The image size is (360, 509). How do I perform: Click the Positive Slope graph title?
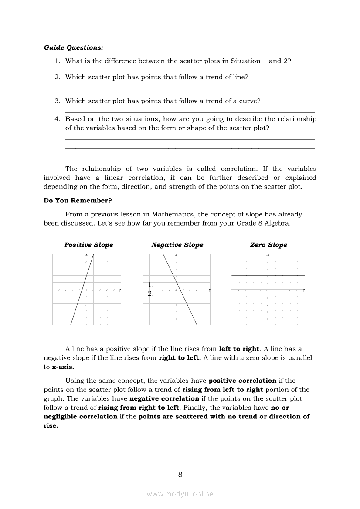point(88,245)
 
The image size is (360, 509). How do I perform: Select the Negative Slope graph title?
point(177,245)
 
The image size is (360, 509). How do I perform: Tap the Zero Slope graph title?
point(268,245)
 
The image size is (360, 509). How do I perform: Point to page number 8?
point(180,475)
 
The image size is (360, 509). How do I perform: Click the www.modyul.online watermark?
point(180,494)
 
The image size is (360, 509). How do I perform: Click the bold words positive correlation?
point(242,381)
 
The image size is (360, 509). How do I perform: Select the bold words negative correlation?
point(164,398)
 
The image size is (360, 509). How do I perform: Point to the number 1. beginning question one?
point(57,61)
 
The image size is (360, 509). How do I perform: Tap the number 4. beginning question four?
point(57,119)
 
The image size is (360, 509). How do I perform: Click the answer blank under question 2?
point(190,88)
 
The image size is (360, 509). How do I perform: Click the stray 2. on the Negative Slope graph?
point(150,293)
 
